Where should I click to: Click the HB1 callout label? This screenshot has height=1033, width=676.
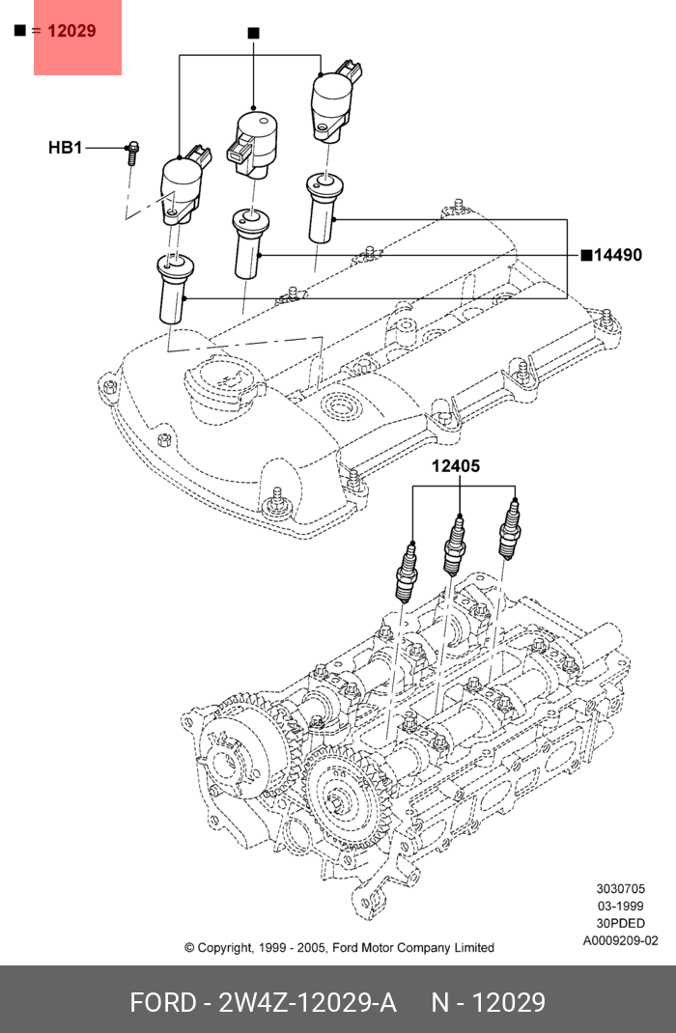click(x=66, y=148)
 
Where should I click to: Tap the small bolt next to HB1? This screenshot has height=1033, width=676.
click(x=131, y=154)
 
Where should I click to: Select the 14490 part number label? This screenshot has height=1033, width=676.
click(x=618, y=255)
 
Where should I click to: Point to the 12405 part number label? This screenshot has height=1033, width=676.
click(x=455, y=466)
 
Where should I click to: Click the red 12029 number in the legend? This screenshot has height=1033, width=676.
click(x=71, y=31)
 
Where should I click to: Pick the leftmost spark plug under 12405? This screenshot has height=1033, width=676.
click(x=406, y=572)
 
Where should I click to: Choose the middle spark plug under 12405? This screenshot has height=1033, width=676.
click(x=453, y=544)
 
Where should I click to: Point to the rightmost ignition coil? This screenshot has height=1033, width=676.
click(x=335, y=101)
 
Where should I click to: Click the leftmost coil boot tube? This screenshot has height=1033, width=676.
click(x=174, y=289)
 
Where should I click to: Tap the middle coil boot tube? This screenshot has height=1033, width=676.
click(x=249, y=243)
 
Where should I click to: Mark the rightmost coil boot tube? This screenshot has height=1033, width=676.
click(x=323, y=208)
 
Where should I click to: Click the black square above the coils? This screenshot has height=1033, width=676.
click(x=254, y=32)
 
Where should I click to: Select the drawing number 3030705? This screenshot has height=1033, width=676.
click(x=621, y=889)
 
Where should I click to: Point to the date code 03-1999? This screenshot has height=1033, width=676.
click(x=621, y=906)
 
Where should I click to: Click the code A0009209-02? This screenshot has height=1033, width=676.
click(x=621, y=940)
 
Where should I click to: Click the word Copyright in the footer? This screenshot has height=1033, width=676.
click(x=225, y=948)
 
